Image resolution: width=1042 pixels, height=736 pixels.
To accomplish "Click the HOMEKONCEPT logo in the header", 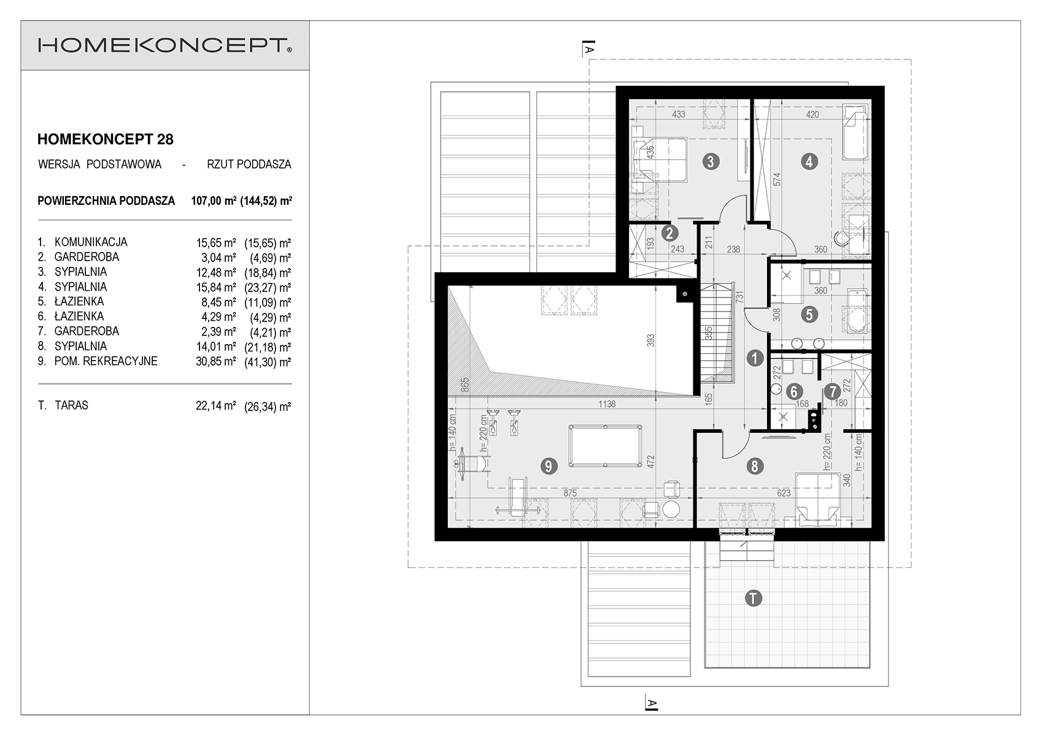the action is [x=165, y=45].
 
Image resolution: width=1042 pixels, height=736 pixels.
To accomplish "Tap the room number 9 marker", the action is [x=549, y=466].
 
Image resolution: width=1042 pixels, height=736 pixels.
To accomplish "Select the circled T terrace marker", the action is [x=753, y=598].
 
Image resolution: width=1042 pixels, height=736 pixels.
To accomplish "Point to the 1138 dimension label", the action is [x=607, y=404].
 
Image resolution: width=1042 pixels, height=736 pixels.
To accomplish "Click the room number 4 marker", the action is [x=809, y=162].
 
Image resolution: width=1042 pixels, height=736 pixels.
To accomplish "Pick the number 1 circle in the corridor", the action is [x=755, y=358].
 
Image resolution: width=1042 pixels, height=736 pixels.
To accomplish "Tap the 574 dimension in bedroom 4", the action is [x=778, y=180].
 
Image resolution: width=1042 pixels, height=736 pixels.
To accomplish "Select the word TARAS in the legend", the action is [x=71, y=405].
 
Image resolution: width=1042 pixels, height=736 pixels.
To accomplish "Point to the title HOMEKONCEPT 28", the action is [x=105, y=139].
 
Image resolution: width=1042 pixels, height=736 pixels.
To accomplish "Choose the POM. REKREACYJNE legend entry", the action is [x=106, y=361].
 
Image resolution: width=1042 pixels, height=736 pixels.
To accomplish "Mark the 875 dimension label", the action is [x=570, y=493].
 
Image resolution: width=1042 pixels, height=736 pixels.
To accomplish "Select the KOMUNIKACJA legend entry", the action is [x=91, y=242].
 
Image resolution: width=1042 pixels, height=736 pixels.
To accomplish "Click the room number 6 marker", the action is [x=793, y=391].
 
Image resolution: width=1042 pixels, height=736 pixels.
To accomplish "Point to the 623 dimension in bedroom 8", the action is [x=784, y=493].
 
